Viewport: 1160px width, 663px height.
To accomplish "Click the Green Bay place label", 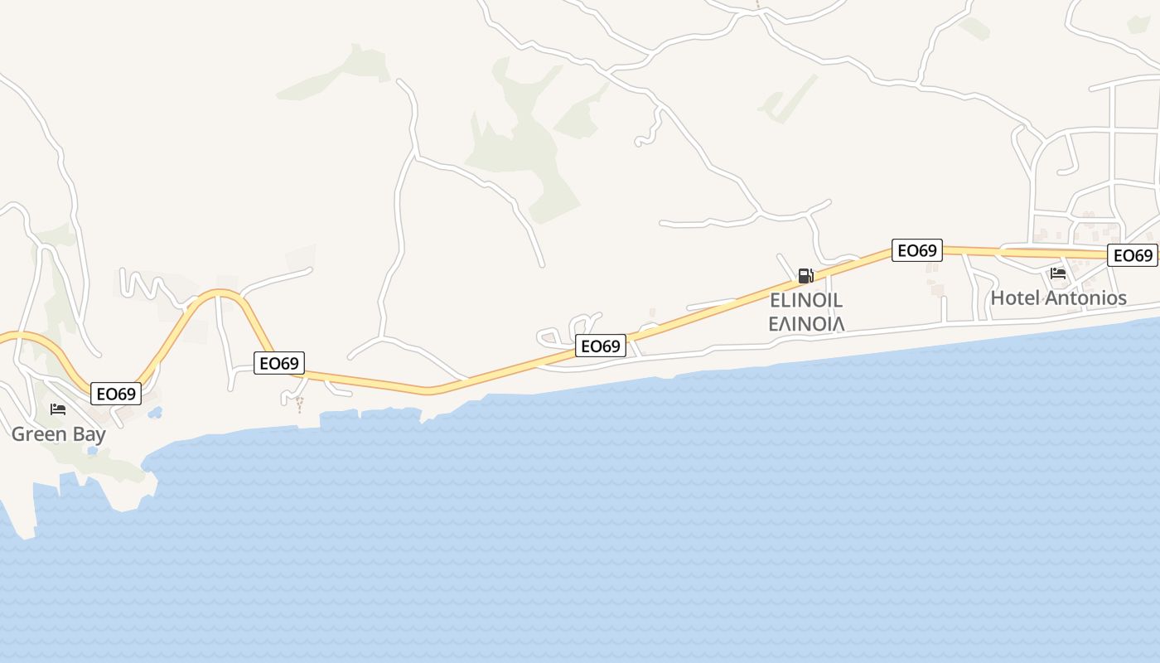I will tap(58, 434).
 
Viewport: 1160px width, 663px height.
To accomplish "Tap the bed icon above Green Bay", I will tap(58, 409).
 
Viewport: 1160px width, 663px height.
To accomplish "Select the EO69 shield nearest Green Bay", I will tap(116, 394).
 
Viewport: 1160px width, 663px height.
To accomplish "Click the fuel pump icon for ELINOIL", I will tap(805, 276).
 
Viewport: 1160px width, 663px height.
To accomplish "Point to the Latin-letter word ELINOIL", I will tap(806, 299).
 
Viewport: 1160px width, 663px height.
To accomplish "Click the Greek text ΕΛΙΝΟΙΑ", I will tap(806, 323).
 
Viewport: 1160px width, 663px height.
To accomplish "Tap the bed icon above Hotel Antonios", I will tap(1058, 273).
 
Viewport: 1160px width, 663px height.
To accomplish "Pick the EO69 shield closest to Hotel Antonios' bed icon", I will tap(1133, 255).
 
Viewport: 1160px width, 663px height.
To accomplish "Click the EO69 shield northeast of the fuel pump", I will tap(916, 250).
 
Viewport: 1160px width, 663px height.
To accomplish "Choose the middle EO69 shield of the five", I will tap(601, 346).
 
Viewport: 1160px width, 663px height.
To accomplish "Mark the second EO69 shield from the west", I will tap(279, 363).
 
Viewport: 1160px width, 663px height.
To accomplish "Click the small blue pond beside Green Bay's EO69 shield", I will tap(155, 412).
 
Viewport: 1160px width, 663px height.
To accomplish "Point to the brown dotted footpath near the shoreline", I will tap(299, 404).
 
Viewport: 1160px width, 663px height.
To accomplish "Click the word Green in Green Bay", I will tap(38, 434).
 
